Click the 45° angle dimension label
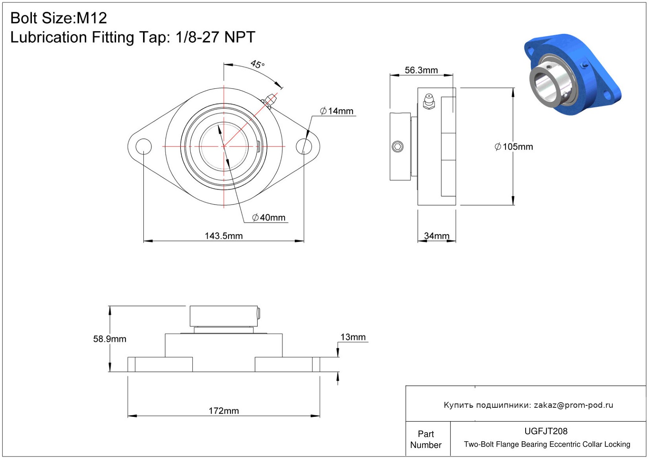(x=257, y=64)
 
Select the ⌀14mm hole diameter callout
(x=337, y=111)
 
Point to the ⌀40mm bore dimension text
(x=269, y=217)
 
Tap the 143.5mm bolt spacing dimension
(x=224, y=236)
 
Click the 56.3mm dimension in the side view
(x=421, y=70)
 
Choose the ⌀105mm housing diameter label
(x=513, y=147)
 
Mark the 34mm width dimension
(x=437, y=236)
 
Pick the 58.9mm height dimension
(x=110, y=339)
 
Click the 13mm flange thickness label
(x=353, y=337)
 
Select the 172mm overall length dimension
(x=224, y=411)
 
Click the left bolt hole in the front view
(x=143, y=146)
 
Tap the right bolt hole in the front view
(x=304, y=146)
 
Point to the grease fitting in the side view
(x=428, y=101)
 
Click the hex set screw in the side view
(x=398, y=146)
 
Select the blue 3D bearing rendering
(x=572, y=74)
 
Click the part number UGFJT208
(x=546, y=431)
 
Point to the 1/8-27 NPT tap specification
(x=215, y=37)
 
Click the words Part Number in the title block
(x=426, y=439)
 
